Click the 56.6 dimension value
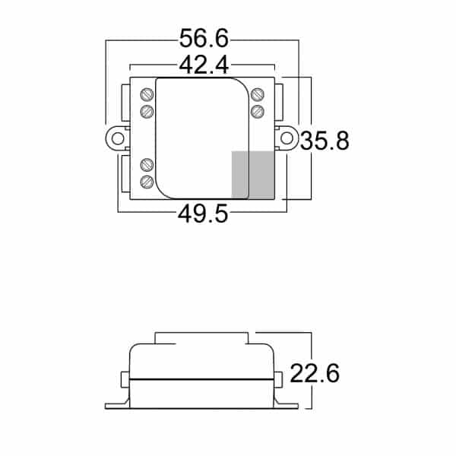pos(204,39)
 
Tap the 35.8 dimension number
pos(325,141)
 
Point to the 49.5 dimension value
pos(203,214)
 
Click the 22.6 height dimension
pos(314,374)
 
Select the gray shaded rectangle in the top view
pos(252,175)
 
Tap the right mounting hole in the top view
pos(288,139)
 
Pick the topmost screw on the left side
pos(147,95)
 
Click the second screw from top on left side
pos(147,112)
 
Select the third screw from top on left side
pos(147,164)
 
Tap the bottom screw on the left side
pos(147,182)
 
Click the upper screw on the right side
pos(257,95)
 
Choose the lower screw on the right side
pos(257,112)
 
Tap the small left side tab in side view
pos(125,378)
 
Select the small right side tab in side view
pos(279,378)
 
